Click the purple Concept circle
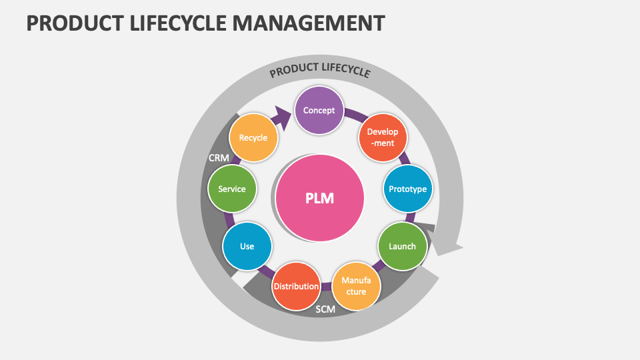pos(319,110)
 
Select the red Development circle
pos(383,137)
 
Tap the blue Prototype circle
pos(407,189)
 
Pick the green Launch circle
pos(403,246)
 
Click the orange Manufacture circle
pos(357,286)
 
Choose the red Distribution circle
pos(296,286)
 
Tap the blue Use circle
pos(247,246)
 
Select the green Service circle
pos(232,189)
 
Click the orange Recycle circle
pos(253,138)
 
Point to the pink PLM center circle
pos(320,198)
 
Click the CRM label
pos(219,158)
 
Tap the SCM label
pos(325,309)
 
